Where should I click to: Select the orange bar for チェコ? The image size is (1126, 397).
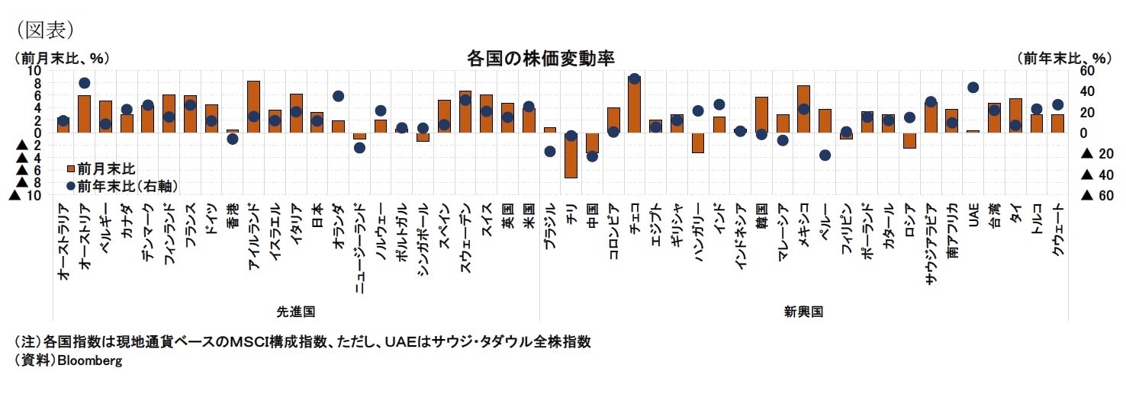(x=634, y=104)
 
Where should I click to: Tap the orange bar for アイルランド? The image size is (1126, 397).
(x=254, y=107)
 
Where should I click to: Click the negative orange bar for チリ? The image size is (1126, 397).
(x=571, y=155)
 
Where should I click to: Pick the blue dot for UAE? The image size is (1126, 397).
(x=973, y=88)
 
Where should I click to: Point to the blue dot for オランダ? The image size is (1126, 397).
(x=338, y=96)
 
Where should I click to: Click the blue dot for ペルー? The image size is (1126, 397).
(x=825, y=155)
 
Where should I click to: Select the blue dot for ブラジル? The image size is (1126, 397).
(x=549, y=152)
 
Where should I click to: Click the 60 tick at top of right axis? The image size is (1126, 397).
(x=1086, y=71)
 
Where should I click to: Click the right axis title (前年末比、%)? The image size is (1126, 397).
(x=1063, y=58)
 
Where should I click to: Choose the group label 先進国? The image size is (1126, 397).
(x=295, y=312)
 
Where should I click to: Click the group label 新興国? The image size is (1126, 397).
(x=803, y=312)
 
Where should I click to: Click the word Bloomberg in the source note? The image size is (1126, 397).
(x=89, y=361)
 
